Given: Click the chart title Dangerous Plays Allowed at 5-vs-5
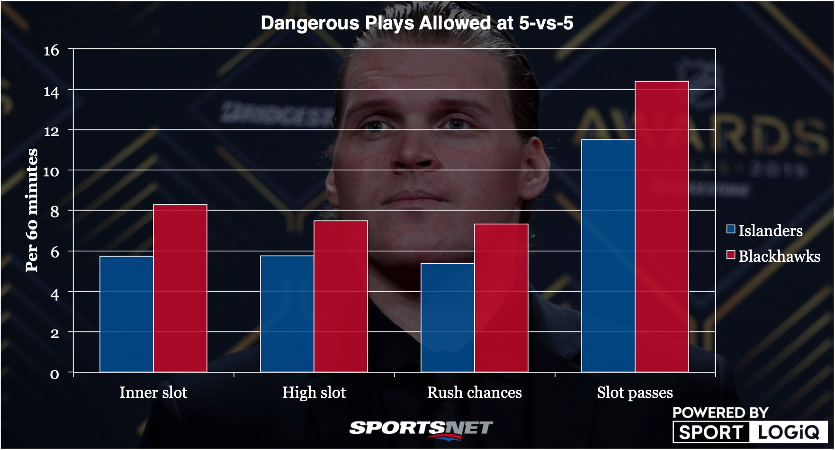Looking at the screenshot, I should (417, 23).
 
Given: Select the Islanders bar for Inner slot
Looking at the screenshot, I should (126, 314).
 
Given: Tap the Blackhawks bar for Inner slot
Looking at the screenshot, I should (180, 288).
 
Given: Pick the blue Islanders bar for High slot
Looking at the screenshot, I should (287, 314).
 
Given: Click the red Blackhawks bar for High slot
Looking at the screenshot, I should (341, 296).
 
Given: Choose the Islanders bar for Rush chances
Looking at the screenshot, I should (448, 317).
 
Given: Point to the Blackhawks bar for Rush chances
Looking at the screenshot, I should (501, 298).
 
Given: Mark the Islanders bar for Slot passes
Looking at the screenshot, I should (608, 256).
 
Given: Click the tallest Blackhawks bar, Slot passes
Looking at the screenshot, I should (662, 227).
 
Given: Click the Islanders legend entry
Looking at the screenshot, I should (764, 230).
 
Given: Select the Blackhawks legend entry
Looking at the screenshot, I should (773, 256).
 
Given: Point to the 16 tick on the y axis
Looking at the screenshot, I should (52, 50).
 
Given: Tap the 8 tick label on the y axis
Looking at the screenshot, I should (54, 211).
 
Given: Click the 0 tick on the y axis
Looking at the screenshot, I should (54, 374).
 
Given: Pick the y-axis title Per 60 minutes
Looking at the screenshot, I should (32, 211).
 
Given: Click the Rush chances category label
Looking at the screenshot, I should (474, 393).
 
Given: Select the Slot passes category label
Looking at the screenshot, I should (635, 393).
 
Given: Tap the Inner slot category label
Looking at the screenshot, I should (153, 393).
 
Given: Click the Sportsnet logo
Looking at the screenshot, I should (421, 429).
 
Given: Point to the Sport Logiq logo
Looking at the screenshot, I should (749, 425).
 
